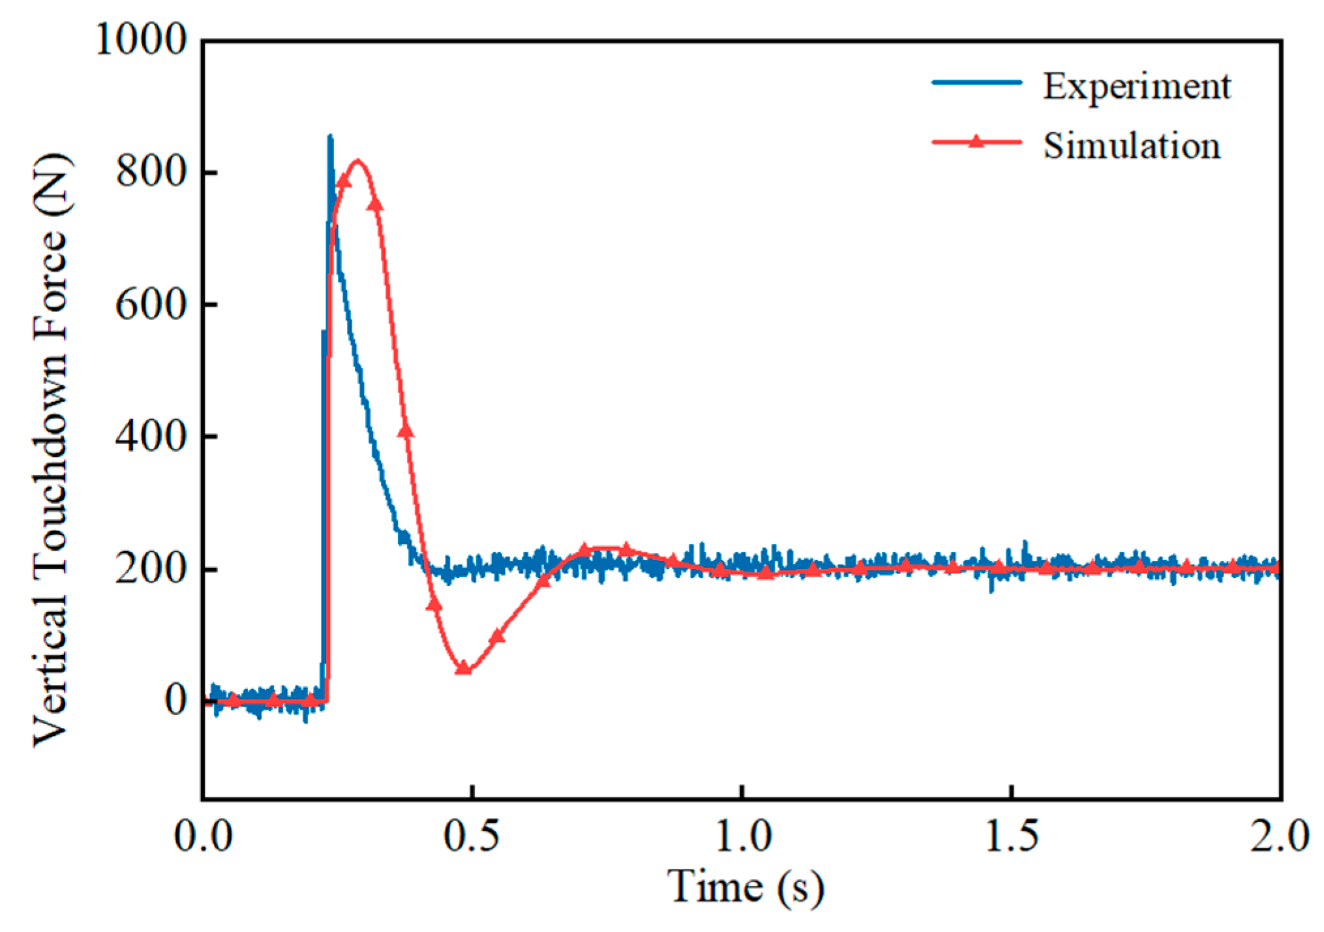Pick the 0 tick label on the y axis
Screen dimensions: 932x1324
175,701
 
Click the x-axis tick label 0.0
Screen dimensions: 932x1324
203,836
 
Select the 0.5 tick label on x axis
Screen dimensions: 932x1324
472,836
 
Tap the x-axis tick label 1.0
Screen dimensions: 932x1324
743,836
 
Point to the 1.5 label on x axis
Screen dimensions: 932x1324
1012,836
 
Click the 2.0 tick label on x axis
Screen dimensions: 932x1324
1279,836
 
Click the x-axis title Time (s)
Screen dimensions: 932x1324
745,888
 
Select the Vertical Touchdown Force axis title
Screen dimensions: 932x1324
51,450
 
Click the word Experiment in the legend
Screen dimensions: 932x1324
1136,86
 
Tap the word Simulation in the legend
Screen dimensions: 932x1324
1132,145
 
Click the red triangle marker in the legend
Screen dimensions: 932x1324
976,141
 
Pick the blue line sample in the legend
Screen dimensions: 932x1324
976,82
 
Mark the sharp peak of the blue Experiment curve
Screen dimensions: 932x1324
330,136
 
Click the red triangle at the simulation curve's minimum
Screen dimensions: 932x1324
463,668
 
